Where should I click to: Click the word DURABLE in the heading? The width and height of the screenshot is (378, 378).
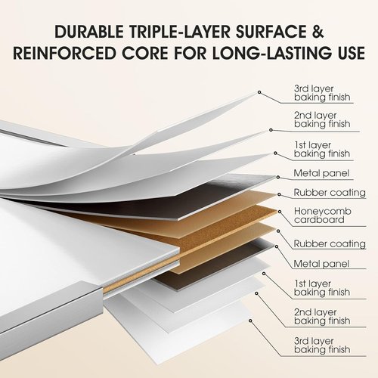click(88, 32)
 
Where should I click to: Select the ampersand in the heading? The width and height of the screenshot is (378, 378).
click(317, 32)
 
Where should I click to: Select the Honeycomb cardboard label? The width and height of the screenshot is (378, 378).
click(323, 215)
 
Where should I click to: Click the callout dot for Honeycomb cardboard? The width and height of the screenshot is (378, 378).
click(280, 212)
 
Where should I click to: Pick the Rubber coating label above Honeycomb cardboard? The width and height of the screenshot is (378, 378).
click(330, 193)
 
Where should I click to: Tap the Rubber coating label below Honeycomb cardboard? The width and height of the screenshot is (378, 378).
click(330, 243)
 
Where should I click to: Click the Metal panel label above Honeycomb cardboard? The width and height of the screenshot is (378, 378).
click(321, 173)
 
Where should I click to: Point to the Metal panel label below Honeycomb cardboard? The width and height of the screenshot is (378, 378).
click(321, 264)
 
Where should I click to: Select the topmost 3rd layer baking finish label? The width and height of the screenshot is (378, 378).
click(322, 93)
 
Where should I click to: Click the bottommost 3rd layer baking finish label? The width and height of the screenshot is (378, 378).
click(322, 345)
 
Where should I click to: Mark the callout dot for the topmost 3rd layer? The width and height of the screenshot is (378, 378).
click(259, 92)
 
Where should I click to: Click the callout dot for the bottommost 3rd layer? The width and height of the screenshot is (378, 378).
click(250, 321)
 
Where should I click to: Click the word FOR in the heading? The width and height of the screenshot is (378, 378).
click(190, 53)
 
